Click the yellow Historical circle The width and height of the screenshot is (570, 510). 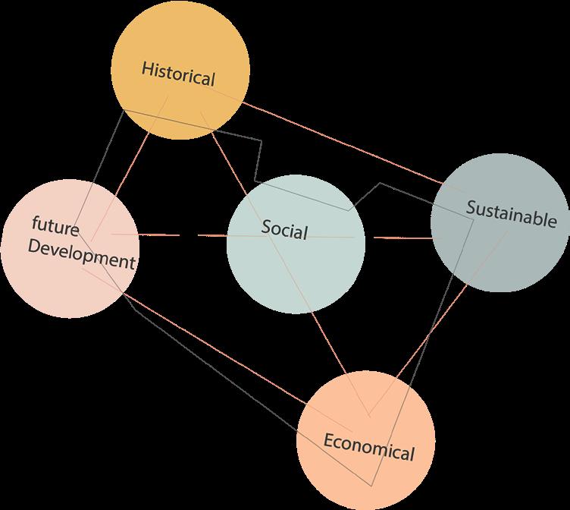[180, 46]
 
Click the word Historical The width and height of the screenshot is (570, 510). [179, 74]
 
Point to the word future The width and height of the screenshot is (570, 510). [55, 226]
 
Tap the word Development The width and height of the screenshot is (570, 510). [80, 254]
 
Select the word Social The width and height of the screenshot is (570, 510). [284, 228]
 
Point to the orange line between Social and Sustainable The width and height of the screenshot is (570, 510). [402, 238]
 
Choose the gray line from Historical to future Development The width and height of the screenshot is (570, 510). [106, 152]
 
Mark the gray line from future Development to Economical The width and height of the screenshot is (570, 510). [220, 372]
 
